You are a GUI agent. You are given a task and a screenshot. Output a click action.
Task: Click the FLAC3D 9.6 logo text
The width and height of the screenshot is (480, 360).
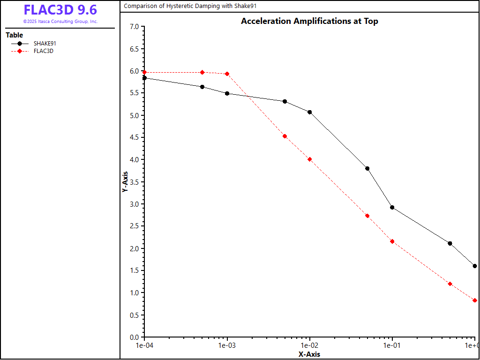[x=60, y=10]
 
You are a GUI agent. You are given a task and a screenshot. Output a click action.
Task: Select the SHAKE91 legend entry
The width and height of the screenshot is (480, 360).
[x=45, y=44]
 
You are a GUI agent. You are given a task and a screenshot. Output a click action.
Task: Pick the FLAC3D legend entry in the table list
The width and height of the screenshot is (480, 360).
[x=43, y=51]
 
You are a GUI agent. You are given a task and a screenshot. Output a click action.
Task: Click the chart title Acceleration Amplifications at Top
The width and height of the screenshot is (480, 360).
[x=309, y=21]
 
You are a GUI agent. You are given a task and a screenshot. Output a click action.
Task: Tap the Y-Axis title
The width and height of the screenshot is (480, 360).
[x=125, y=181]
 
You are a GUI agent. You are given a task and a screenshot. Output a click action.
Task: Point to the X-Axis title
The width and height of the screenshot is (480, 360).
[x=309, y=354]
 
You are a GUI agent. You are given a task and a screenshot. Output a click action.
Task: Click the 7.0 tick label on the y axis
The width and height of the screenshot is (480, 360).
[x=134, y=27]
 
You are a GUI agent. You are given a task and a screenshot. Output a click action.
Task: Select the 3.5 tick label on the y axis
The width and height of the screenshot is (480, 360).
[x=134, y=182]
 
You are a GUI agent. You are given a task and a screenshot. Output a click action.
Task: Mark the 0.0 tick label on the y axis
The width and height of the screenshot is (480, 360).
[x=134, y=337]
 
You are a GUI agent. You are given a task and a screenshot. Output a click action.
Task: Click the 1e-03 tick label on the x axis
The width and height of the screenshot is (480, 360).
[x=227, y=346]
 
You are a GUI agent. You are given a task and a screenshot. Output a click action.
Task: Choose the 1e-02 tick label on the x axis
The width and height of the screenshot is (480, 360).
[x=310, y=346]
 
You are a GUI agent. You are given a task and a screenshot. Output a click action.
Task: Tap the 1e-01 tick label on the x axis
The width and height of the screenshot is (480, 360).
[x=392, y=346]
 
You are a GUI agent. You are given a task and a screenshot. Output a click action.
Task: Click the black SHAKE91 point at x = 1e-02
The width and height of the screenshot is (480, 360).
[x=310, y=112]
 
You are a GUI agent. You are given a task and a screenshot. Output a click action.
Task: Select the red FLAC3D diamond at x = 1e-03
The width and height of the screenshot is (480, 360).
[x=227, y=74]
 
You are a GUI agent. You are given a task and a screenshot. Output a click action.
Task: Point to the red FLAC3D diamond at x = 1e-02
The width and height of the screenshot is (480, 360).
[x=310, y=159]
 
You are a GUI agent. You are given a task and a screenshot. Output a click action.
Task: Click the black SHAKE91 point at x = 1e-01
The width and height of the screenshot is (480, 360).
[x=392, y=207]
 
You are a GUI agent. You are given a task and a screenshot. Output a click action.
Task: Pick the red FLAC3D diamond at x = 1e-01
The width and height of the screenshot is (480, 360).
[x=392, y=241]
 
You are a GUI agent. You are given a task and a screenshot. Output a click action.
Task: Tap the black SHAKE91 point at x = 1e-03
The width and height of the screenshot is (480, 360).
[x=227, y=93]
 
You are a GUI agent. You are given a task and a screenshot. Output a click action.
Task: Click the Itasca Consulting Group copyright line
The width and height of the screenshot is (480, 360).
[x=60, y=22]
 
